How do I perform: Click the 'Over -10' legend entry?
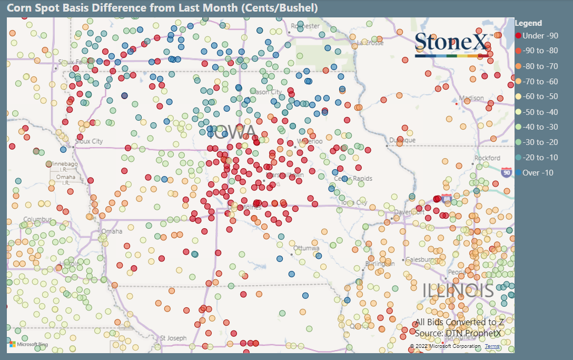click(x=538, y=172)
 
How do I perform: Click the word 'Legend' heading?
click(x=528, y=23)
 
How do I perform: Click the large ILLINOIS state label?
click(x=459, y=290)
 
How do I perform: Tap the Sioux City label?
click(x=89, y=141)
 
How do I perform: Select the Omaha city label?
click(x=111, y=231)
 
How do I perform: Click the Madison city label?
click(x=471, y=98)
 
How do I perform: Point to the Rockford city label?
click(x=487, y=158)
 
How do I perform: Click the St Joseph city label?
click(x=173, y=338)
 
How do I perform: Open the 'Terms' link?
click(x=492, y=346)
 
